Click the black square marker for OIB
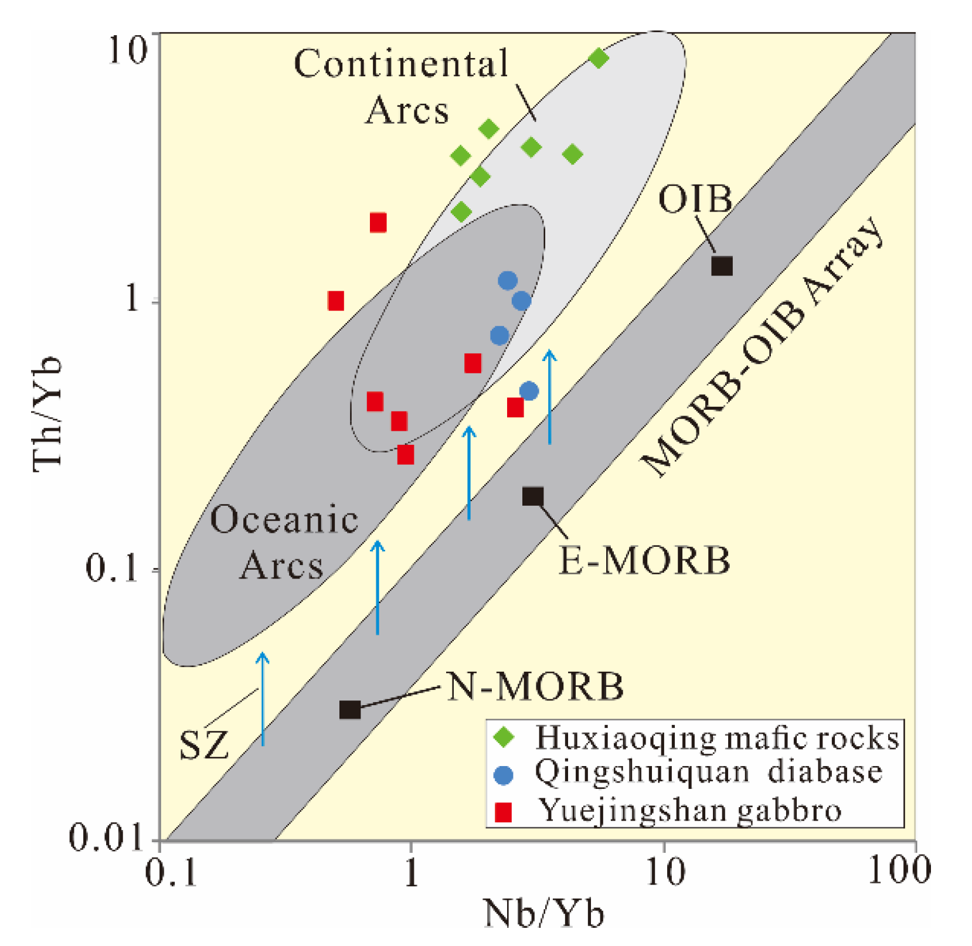tap(722, 266)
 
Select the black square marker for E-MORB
tap(532, 496)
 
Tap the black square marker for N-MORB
tap(350, 710)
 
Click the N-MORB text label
tap(535, 686)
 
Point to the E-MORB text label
tap(644, 560)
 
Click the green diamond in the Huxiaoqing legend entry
tap(504, 737)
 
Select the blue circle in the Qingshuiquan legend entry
tap(503, 775)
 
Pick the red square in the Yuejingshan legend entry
tap(503, 812)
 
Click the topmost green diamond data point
tap(598, 58)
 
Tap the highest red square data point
tap(378, 223)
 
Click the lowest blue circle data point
tap(529, 391)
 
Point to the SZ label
tap(203, 745)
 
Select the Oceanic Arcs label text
tap(283, 542)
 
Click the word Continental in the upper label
tap(401, 63)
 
